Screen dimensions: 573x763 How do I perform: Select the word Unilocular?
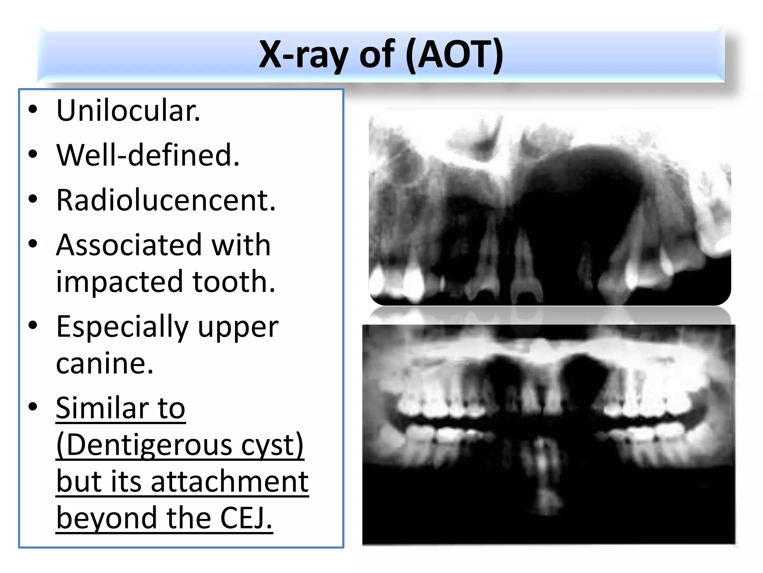click(x=128, y=111)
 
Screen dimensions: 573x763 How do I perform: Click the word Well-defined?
click(x=148, y=155)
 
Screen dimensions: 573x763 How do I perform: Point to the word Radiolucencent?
click(x=166, y=200)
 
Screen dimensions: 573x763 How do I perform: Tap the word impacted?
click(x=120, y=282)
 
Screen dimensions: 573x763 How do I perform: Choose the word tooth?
click(x=234, y=281)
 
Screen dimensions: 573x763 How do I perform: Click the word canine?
click(x=105, y=363)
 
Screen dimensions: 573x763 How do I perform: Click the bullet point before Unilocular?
click(x=33, y=110)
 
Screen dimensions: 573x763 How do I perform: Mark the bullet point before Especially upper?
click(x=33, y=325)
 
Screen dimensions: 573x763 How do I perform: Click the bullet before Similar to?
click(x=33, y=407)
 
